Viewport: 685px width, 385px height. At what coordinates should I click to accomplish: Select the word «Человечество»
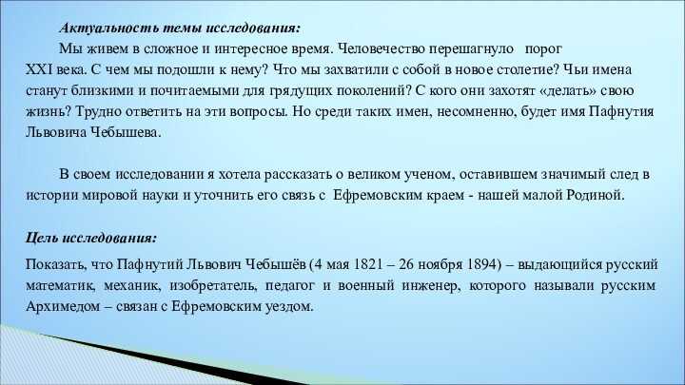(x=382, y=48)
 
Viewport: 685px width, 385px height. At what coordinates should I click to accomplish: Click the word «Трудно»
(x=99, y=112)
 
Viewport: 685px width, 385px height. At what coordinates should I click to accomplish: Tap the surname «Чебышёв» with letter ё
(x=275, y=265)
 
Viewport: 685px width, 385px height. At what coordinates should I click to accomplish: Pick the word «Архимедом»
(x=63, y=307)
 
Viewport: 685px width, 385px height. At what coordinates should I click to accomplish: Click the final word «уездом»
(x=289, y=307)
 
